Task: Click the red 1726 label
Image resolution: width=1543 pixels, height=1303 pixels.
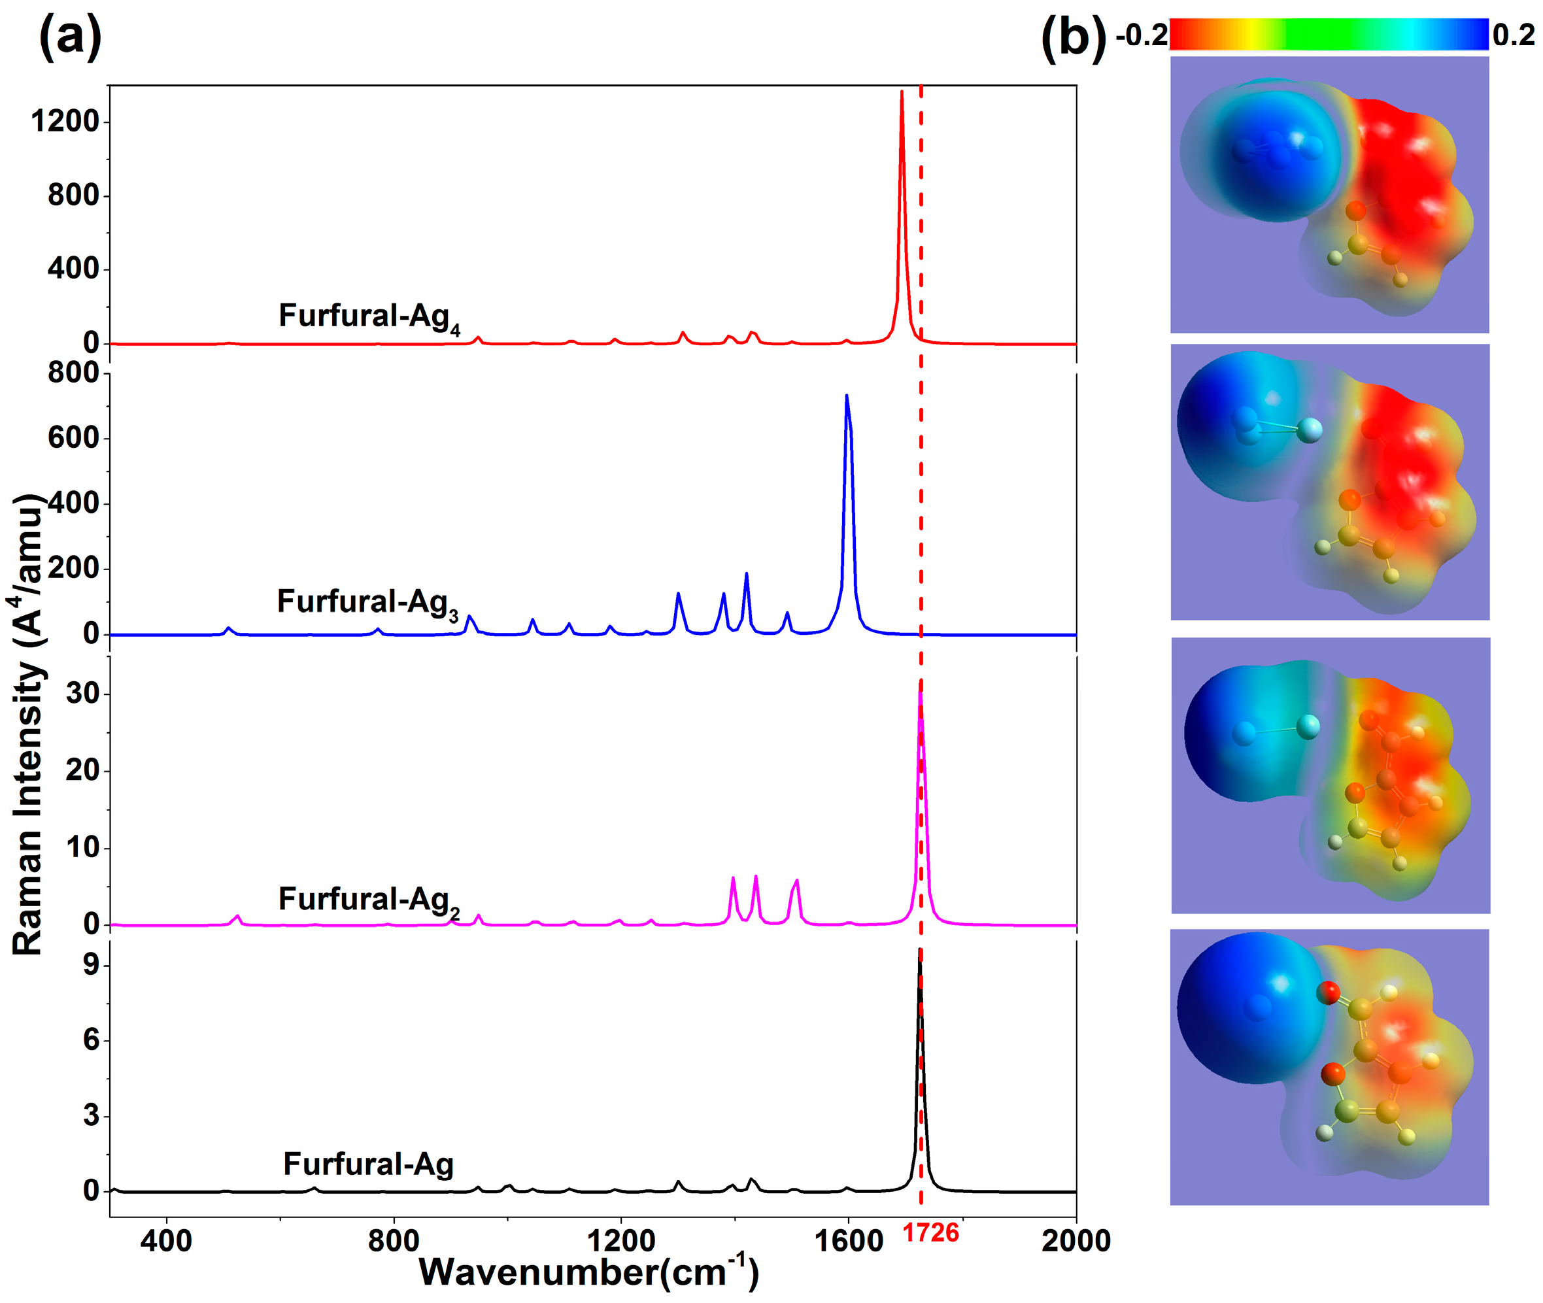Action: pos(929,1233)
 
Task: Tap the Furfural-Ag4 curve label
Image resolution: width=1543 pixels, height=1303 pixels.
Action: pos(369,317)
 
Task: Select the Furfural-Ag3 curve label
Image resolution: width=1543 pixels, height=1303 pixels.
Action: pos(367,603)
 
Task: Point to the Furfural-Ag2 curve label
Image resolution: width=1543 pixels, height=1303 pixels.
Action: pos(369,900)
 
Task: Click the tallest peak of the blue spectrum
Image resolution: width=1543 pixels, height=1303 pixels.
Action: pos(847,397)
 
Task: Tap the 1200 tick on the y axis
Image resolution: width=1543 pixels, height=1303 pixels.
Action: pos(65,122)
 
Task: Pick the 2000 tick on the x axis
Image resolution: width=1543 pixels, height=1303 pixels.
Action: pos(1075,1241)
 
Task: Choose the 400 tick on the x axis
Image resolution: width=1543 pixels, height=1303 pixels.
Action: pos(167,1241)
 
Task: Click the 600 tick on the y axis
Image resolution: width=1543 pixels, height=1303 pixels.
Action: pos(73,438)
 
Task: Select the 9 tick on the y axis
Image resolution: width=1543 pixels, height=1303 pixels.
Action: pos(91,966)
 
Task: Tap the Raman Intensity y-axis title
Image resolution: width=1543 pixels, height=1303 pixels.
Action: pos(28,724)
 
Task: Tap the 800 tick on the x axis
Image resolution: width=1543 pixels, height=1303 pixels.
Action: pos(394,1241)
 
